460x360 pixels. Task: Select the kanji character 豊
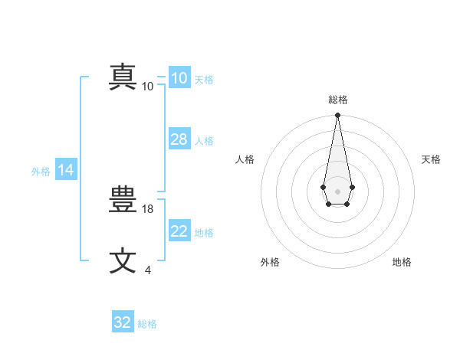click(x=123, y=201)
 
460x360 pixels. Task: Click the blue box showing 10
click(x=179, y=78)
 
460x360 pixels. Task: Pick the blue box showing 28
click(x=179, y=139)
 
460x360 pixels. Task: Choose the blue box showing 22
click(x=179, y=231)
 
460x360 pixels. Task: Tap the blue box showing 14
click(x=66, y=171)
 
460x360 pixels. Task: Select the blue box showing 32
click(x=123, y=322)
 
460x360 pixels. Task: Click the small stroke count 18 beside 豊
click(x=149, y=208)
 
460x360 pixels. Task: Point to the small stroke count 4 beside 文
click(x=148, y=270)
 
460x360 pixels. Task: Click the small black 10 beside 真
click(x=148, y=86)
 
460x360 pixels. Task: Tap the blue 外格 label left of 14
click(x=41, y=172)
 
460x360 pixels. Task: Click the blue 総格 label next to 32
click(x=147, y=324)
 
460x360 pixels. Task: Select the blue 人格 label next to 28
click(x=204, y=141)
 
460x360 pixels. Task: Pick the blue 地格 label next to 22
click(x=204, y=233)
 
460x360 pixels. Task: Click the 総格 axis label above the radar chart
click(x=337, y=100)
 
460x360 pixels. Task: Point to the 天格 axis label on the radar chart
click(x=431, y=159)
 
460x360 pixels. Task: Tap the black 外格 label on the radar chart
click(x=270, y=262)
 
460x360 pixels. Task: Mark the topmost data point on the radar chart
click(x=337, y=116)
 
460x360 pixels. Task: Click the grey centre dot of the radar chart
click(x=337, y=191)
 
